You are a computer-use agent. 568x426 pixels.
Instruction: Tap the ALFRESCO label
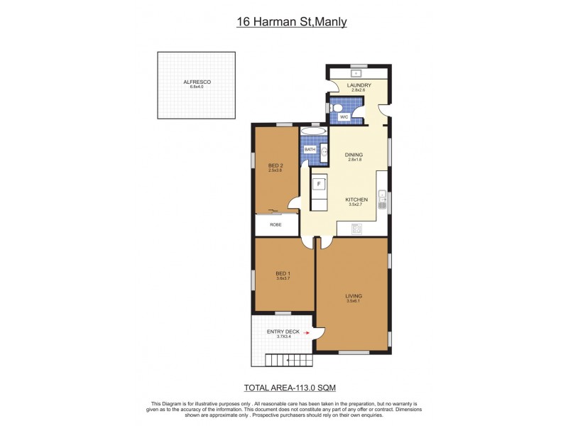click(197, 82)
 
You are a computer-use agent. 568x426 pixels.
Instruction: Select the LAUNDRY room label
click(359, 85)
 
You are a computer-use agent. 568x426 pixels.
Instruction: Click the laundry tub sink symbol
click(358, 72)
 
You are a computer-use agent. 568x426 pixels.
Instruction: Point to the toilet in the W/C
click(337, 109)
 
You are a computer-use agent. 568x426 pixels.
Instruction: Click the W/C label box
click(344, 116)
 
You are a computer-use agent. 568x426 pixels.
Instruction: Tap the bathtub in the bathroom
click(313, 131)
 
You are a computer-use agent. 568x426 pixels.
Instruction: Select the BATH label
click(310, 150)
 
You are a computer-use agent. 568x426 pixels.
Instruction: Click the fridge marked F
click(319, 184)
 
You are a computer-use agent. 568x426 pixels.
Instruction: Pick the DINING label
click(354, 155)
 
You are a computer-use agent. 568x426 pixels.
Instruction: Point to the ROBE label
click(275, 224)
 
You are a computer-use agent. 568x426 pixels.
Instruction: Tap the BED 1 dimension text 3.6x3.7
click(283, 278)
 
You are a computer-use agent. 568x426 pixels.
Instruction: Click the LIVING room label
click(354, 295)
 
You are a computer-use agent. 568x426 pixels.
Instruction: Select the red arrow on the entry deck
click(307, 332)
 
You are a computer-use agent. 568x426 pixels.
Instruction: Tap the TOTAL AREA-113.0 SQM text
click(290, 388)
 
